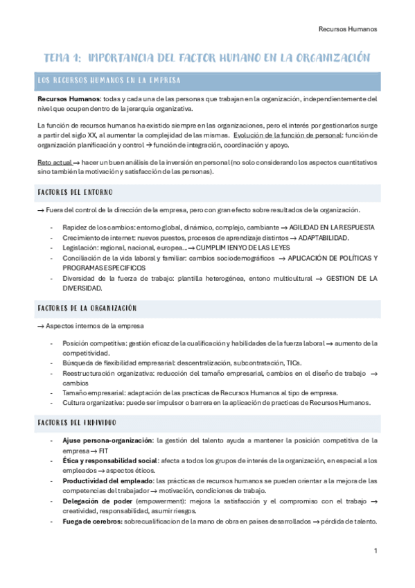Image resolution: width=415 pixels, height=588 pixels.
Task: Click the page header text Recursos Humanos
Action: point(347,29)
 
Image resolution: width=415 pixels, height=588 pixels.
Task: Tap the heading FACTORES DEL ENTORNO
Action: point(76,192)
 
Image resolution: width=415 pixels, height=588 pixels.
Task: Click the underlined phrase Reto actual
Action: point(53,161)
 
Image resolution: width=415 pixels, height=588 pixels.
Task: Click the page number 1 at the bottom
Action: point(375,551)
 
